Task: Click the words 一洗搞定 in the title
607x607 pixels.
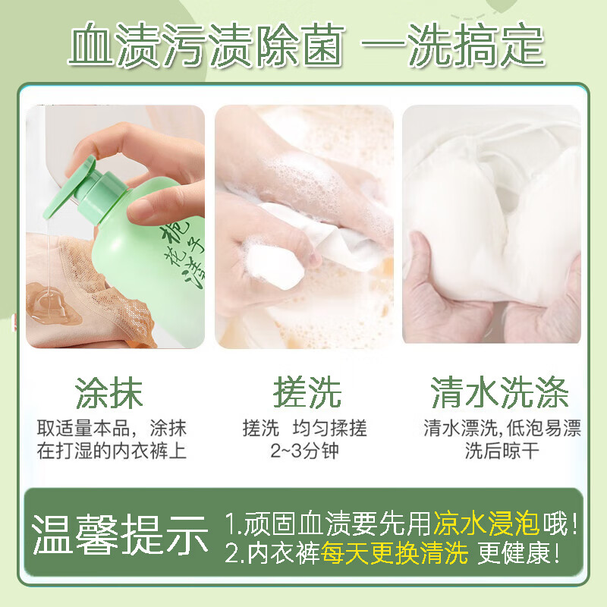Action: (x=453, y=47)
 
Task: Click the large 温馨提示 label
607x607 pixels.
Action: (x=120, y=535)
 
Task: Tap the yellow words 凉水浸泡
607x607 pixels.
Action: (x=486, y=523)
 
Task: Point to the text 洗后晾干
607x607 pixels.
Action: (x=502, y=451)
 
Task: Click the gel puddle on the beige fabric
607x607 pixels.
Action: (x=49, y=302)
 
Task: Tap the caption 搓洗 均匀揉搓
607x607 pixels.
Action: (x=304, y=428)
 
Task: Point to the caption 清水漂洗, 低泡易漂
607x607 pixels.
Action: (x=502, y=428)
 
